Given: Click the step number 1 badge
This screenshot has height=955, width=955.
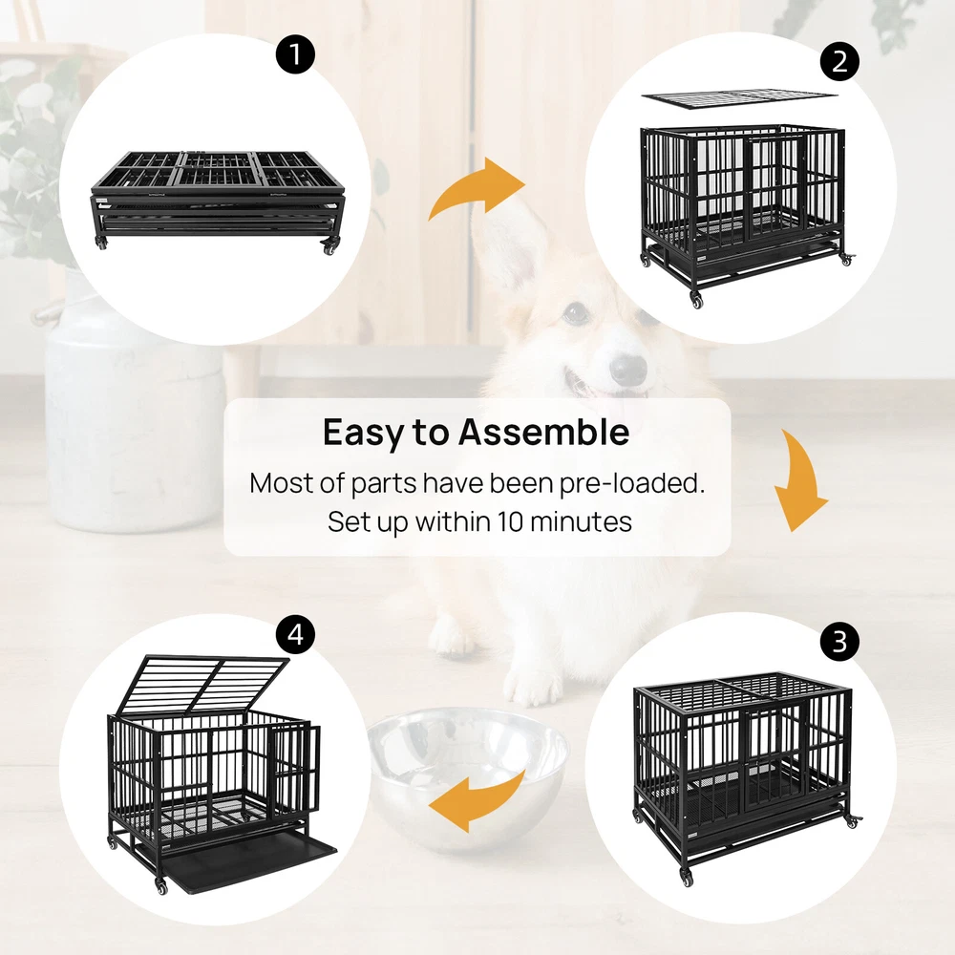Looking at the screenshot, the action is [295, 54].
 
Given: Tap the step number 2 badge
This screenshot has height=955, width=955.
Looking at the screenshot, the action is [839, 61].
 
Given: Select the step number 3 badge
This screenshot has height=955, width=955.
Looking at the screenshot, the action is [839, 641].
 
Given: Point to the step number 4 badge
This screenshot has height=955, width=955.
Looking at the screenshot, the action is [295, 634].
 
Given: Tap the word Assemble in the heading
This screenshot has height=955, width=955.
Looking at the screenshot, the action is [544, 432].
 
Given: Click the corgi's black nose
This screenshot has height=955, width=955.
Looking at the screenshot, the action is [628, 369].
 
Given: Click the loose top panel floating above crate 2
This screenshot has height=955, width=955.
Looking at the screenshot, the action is [739, 100].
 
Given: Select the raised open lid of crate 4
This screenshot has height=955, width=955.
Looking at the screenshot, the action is [202, 684].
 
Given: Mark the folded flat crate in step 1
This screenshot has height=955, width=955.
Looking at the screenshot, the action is [219, 201].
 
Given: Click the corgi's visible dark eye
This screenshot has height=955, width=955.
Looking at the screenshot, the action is [576, 312].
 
